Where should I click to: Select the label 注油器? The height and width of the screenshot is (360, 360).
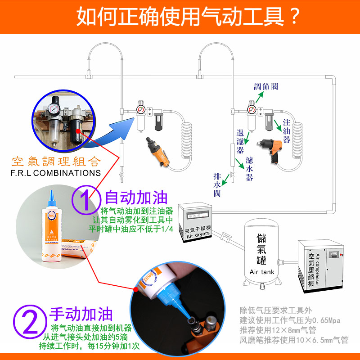tap(287, 130)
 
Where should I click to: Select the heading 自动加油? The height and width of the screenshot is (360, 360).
tap(136, 198)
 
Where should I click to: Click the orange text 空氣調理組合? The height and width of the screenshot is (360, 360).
tap(56, 161)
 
